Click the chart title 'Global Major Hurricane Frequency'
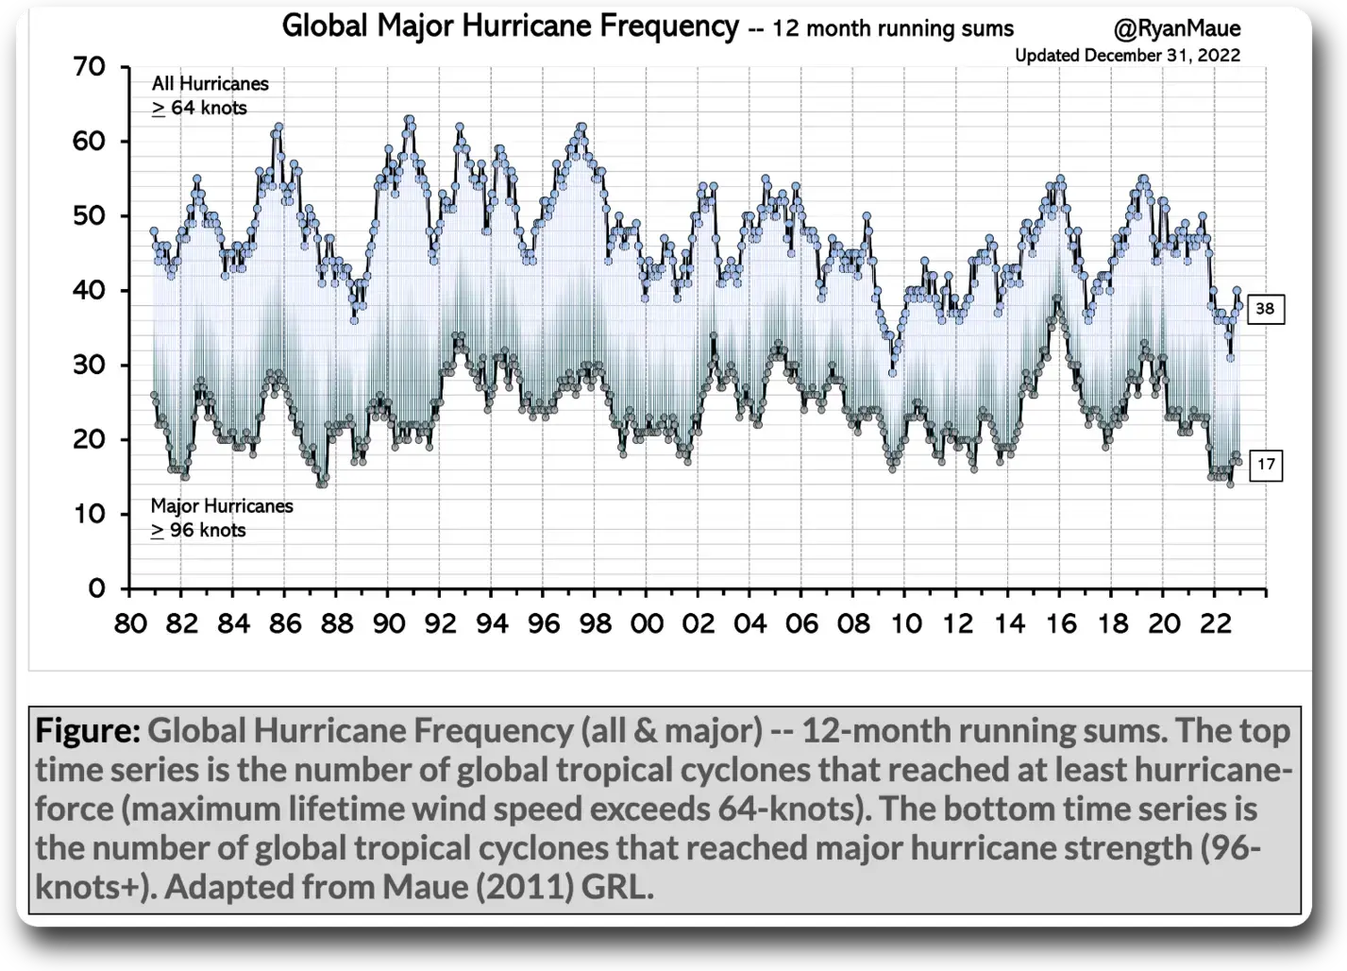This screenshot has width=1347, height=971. pyautogui.click(x=510, y=26)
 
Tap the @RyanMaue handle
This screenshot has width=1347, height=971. pyautogui.click(x=1176, y=29)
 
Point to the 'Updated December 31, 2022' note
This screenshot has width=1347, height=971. pyautogui.click(x=1127, y=56)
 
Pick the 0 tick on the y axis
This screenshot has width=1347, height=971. pyautogui.click(x=96, y=589)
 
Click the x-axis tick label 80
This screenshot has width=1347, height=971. pyautogui.click(x=131, y=624)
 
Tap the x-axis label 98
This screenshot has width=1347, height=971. pyautogui.click(x=596, y=624)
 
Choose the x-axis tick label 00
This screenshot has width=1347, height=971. pyautogui.click(x=648, y=624)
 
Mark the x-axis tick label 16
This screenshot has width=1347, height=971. pyautogui.click(x=1061, y=624)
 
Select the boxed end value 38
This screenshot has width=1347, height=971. pyautogui.click(x=1265, y=309)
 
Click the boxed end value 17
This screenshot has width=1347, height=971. pyautogui.click(x=1265, y=465)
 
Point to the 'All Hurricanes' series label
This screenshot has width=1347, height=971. pyautogui.click(x=210, y=84)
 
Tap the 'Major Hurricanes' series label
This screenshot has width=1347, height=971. pyautogui.click(x=222, y=506)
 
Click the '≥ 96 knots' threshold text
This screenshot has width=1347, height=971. pyautogui.click(x=198, y=531)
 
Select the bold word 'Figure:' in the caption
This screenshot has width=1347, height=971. pyautogui.click(x=88, y=730)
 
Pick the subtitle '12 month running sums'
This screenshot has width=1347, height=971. pyautogui.click(x=892, y=29)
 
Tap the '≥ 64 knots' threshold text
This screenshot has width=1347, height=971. pyautogui.click(x=199, y=109)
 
